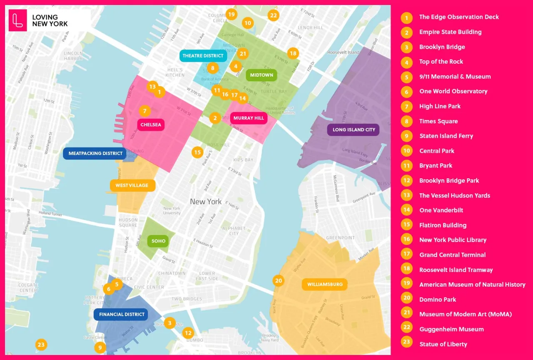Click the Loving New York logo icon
click(17, 20)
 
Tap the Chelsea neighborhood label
click(151, 125)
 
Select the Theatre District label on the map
click(203, 56)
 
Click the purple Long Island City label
click(354, 130)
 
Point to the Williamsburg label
click(325, 285)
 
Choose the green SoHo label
click(158, 241)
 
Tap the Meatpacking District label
click(95, 153)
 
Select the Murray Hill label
click(249, 118)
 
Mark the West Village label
click(132, 185)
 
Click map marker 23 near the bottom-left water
click(41, 345)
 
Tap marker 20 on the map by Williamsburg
click(279, 280)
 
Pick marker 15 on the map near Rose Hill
click(197, 152)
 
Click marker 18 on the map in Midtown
click(293, 53)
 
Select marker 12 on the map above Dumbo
click(188, 332)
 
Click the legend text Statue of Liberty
click(443, 344)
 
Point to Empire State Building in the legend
click(450, 32)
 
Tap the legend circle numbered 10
click(406, 151)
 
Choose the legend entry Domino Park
click(438, 300)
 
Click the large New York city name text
click(206, 202)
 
